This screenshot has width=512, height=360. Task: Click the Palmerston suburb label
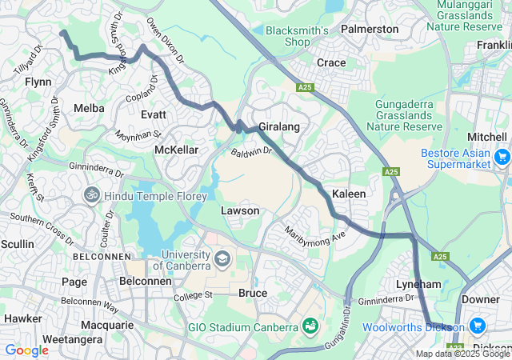tap(369, 29)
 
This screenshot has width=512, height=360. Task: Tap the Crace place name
tap(331, 62)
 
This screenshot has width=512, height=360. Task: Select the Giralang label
tap(278, 126)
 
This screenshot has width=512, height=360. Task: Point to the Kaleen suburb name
tap(349, 194)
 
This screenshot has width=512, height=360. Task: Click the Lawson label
tap(240, 210)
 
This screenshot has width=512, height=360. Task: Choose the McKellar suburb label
tap(176, 150)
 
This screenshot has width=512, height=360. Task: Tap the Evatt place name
tap(154, 114)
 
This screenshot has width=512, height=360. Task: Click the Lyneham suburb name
tap(418, 284)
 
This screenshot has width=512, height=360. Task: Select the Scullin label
tap(18, 243)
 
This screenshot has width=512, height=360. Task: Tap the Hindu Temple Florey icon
tap(92, 194)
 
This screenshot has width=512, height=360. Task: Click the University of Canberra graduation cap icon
tap(222, 259)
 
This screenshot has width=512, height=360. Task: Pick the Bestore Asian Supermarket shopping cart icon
tap(502, 156)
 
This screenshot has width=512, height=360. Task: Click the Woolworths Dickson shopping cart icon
tap(478, 326)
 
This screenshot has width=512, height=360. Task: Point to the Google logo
tap(26, 350)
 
